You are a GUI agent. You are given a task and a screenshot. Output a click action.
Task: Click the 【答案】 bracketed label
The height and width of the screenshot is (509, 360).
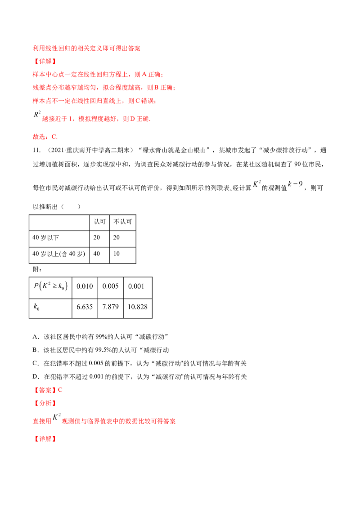pos(45,390)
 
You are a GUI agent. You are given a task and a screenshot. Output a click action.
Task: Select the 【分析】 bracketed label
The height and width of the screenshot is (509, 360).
pos(45,403)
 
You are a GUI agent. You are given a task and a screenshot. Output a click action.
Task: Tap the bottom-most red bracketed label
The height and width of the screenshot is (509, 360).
pos(45,438)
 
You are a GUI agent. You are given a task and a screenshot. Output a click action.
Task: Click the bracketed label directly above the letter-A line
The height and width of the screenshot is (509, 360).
pos(45,61)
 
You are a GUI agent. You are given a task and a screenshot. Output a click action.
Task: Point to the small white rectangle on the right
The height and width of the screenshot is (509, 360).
pos(296,183)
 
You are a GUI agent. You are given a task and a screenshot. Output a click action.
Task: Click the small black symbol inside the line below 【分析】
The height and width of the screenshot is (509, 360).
pos(56,418)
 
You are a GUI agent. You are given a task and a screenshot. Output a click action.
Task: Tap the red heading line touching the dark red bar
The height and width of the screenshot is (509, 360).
pos(86,48)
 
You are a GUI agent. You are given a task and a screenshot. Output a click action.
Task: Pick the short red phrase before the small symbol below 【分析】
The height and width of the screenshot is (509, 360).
pos(41,421)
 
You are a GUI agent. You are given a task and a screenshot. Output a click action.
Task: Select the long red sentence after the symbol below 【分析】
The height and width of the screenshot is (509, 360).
pos(118,421)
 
